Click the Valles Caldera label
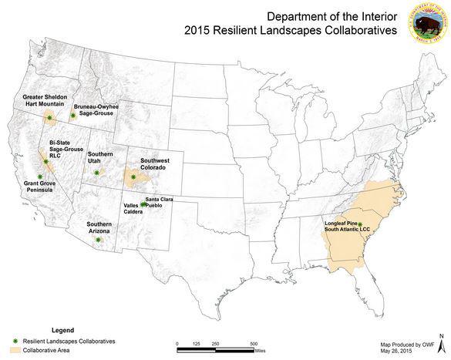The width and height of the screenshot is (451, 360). [x=132, y=210]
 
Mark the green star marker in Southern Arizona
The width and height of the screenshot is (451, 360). [x=99, y=240]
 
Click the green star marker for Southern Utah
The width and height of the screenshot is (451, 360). [x=96, y=173]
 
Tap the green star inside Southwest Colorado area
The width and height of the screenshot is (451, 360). [x=133, y=177]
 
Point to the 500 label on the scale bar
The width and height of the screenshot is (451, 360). [x=254, y=343]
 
